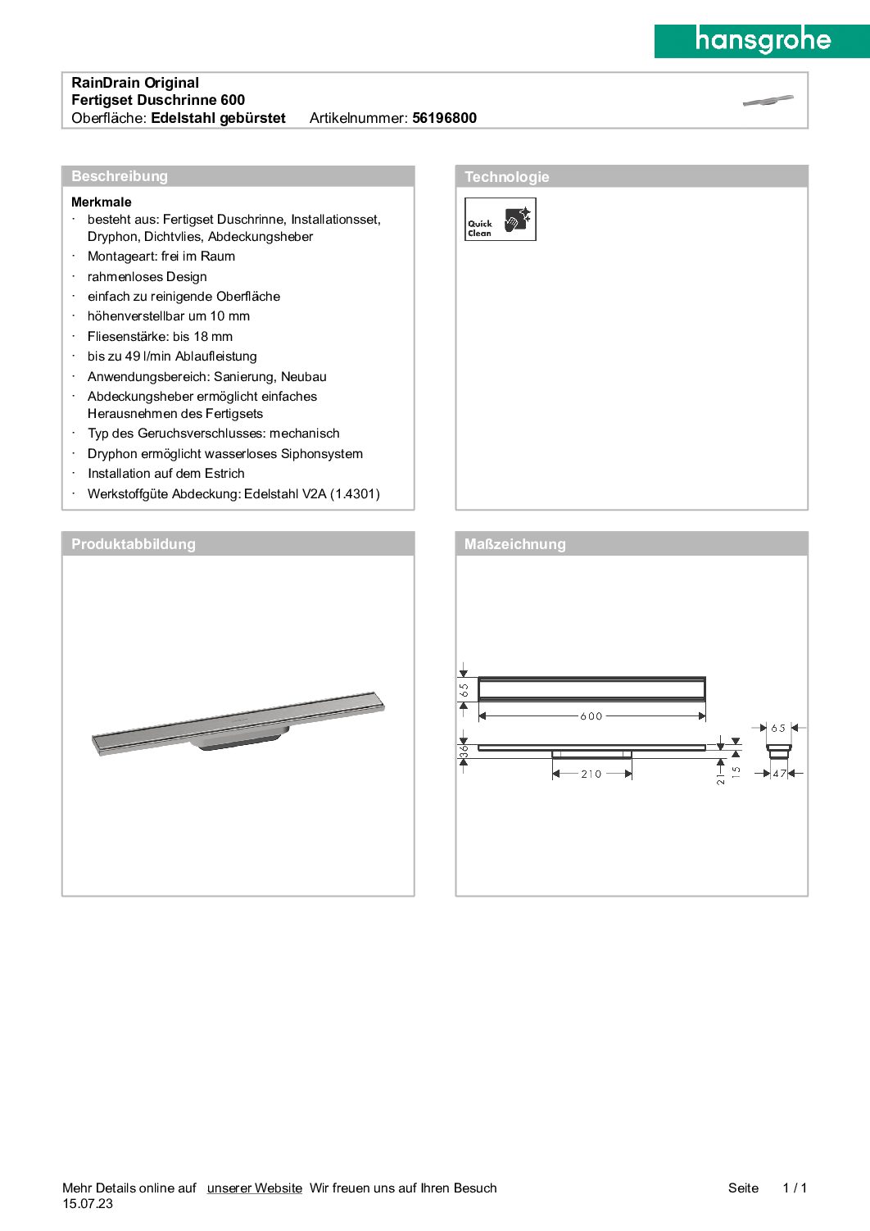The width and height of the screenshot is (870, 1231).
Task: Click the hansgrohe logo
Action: click(762, 40)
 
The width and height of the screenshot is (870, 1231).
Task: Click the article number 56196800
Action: click(444, 118)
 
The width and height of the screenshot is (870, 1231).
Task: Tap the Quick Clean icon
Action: click(500, 219)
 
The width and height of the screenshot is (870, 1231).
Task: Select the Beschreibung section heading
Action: click(120, 176)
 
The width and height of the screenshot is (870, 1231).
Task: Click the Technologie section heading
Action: click(506, 177)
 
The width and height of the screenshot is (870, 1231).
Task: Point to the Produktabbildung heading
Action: click(134, 544)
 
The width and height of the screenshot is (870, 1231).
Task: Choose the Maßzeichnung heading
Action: click(514, 544)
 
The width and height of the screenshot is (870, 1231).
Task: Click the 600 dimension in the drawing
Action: click(591, 716)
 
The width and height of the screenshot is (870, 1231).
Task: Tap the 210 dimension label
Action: click(591, 774)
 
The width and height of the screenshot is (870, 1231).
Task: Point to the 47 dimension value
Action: click(779, 774)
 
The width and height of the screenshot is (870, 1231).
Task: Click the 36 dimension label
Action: click(464, 750)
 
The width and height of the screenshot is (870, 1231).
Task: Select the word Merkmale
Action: click(102, 202)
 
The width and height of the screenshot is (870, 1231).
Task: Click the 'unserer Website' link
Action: click(254, 1188)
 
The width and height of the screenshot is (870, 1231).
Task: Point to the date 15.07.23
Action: click(88, 1204)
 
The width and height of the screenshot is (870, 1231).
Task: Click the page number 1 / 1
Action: click(795, 1188)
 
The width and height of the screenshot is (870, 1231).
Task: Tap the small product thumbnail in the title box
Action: click(768, 101)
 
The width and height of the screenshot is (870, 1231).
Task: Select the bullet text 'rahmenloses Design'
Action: click(147, 277)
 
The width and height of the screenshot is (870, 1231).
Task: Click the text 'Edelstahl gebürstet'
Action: click(218, 118)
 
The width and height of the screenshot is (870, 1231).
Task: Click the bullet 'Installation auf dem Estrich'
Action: click(166, 474)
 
